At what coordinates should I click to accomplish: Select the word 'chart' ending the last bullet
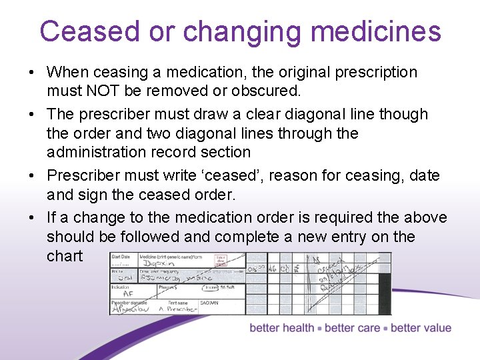point(65,256)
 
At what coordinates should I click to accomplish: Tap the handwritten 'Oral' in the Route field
point(123,279)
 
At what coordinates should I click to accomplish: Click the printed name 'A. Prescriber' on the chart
point(178,309)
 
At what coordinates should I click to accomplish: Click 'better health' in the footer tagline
point(281,328)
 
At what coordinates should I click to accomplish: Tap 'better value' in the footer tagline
point(421,328)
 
